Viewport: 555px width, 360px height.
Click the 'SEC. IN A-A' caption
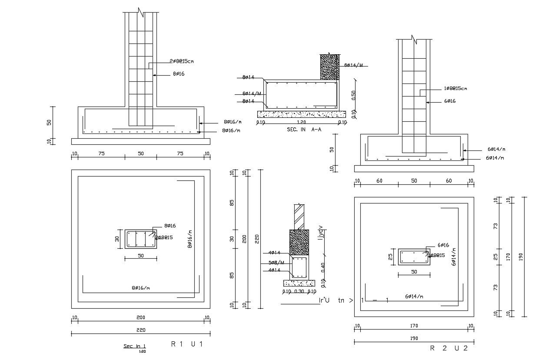click(303, 130)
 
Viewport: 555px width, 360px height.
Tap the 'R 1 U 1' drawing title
click(187, 344)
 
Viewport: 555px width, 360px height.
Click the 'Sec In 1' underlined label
click(135, 346)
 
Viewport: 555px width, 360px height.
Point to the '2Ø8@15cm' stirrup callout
click(181, 61)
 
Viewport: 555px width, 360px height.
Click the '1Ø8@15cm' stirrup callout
click(455, 88)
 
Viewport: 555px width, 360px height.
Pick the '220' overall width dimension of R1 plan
click(140, 330)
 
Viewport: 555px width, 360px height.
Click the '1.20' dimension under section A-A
click(300, 123)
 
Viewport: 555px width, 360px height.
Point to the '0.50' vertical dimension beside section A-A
click(353, 94)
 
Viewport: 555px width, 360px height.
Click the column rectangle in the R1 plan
click(141, 239)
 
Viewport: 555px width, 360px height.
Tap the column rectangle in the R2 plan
click(414, 257)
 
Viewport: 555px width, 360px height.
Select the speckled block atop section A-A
click(329, 67)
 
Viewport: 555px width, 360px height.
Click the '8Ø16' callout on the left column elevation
click(179, 74)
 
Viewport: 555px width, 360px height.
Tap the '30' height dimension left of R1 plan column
click(117, 239)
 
